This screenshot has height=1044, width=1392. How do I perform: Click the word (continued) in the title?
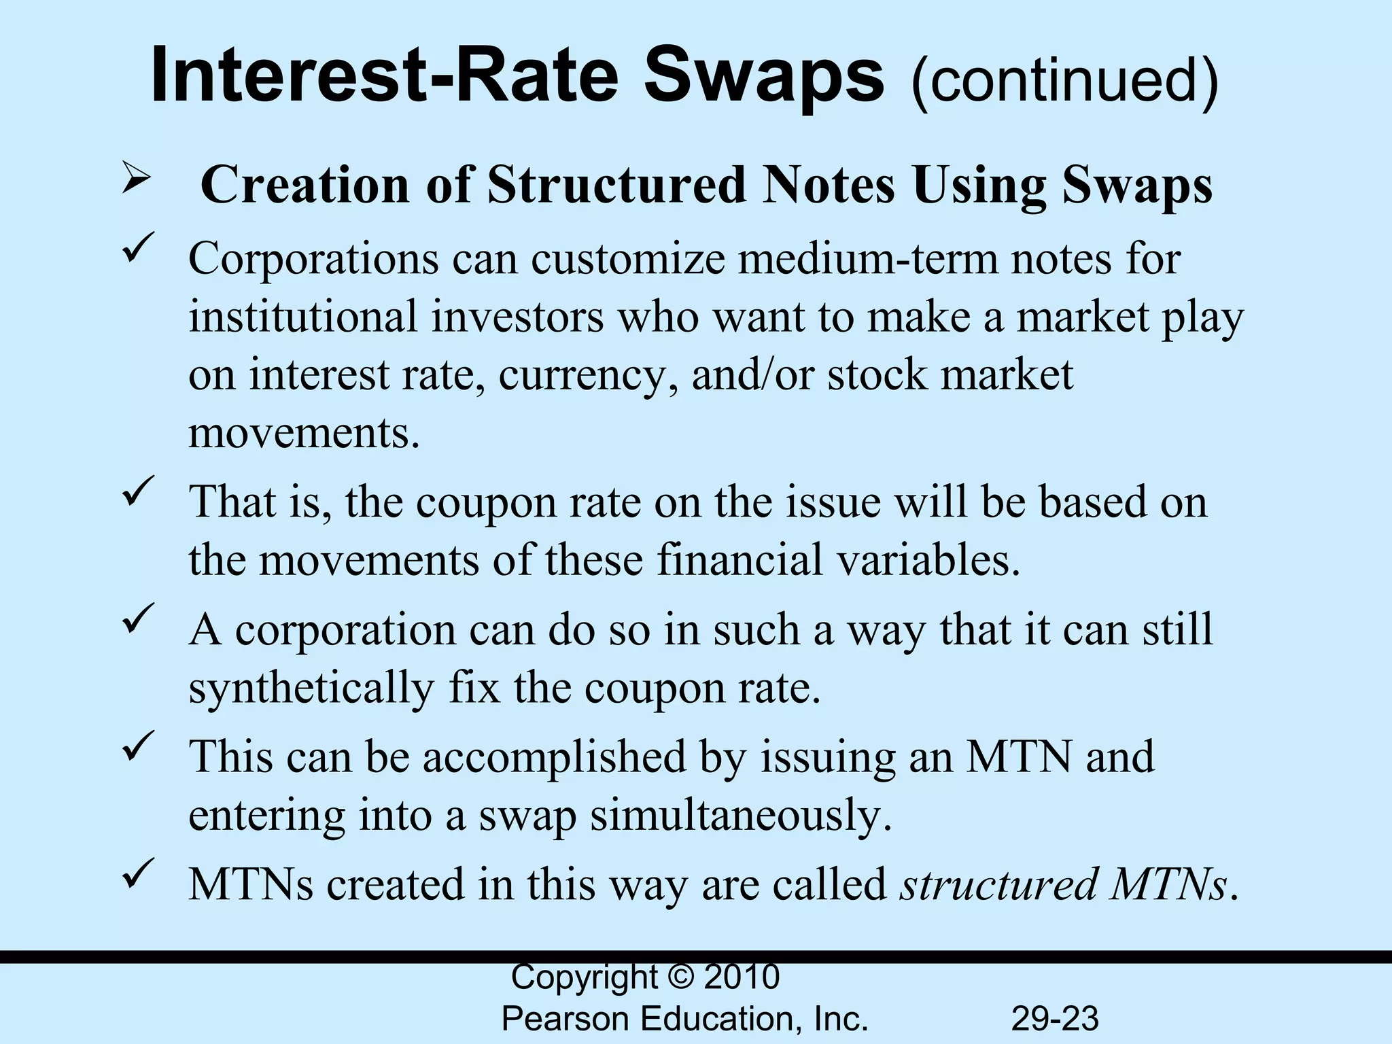[1064, 80]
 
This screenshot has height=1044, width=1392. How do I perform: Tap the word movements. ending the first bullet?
[304, 434]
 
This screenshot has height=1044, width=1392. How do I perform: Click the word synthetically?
[311, 689]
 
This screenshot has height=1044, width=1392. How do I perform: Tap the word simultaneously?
[740, 816]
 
